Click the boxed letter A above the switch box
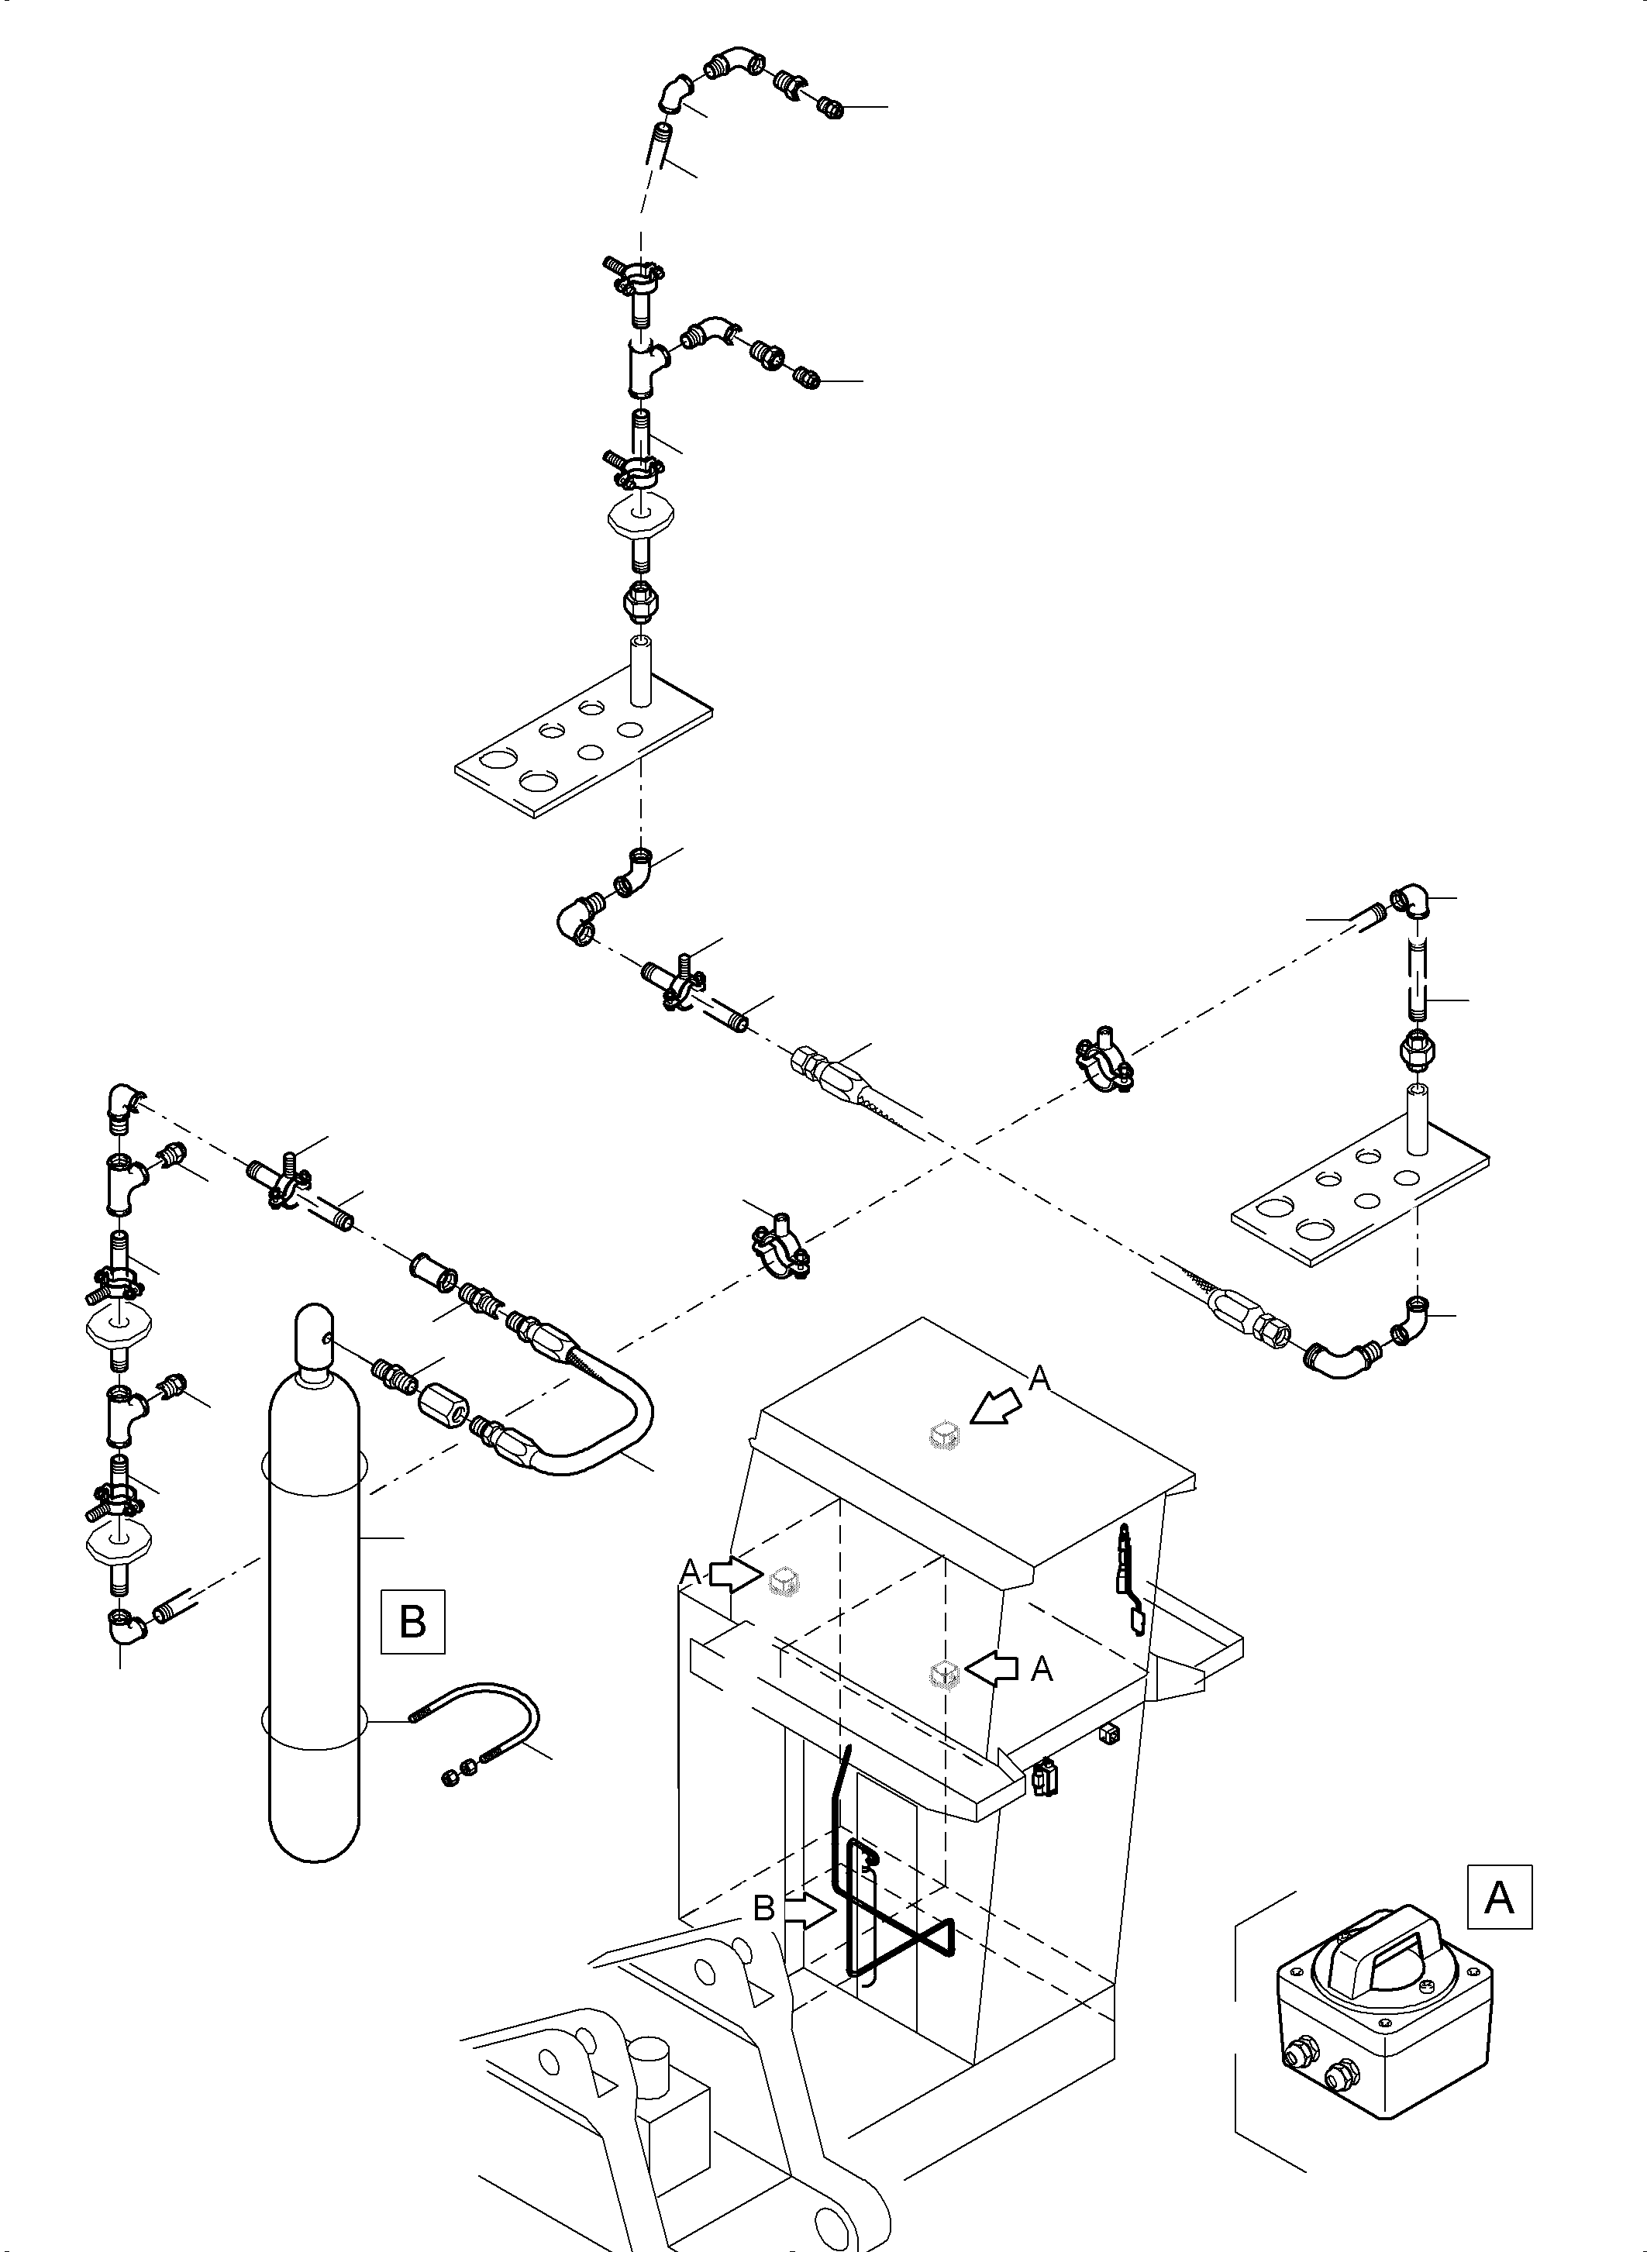pyautogui.click(x=1498, y=1897)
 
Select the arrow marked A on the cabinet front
pyautogui.click(x=993, y=1668)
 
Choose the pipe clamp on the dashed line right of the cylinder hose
pyautogui.click(x=779, y=1246)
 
